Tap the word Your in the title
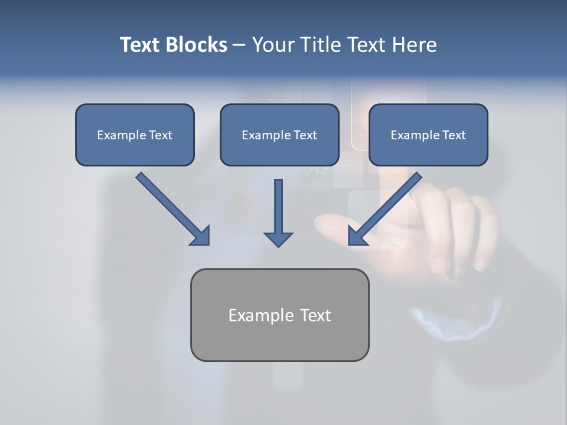point(272,45)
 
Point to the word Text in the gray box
point(316,315)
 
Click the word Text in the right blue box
point(454,135)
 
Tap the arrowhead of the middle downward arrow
point(278,239)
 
